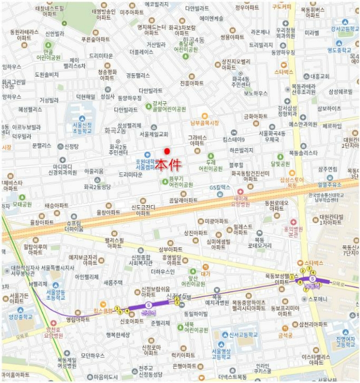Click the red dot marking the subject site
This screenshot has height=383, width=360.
[x=167, y=151]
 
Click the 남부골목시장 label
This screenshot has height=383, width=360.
[x=205, y=123]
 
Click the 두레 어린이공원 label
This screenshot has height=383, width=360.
[x=211, y=166]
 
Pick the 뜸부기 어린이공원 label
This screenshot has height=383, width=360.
[x=181, y=182]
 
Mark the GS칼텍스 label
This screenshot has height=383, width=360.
[x=220, y=188]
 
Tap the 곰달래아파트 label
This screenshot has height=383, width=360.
[x=183, y=200]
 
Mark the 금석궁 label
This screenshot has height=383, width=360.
[x=286, y=335]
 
